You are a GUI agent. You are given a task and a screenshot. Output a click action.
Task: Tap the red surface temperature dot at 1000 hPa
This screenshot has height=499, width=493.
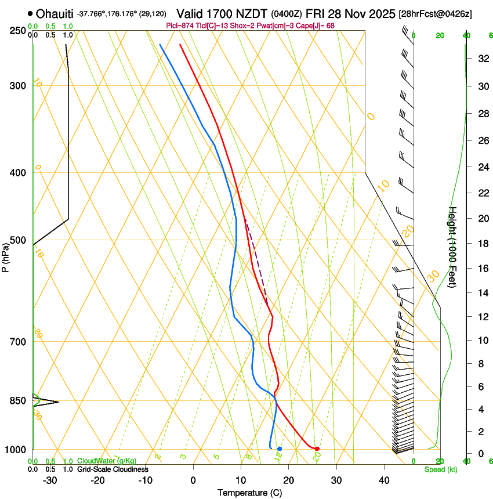(x=317, y=449)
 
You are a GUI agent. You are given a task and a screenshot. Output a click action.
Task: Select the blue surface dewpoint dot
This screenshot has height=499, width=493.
(x=280, y=449)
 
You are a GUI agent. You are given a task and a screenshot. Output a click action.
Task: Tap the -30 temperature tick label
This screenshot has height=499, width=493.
(x=50, y=480)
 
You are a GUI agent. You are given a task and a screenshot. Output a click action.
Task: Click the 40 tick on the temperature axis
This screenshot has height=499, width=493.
(x=384, y=480)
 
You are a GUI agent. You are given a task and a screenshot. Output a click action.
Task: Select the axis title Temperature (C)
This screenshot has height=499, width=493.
(x=249, y=493)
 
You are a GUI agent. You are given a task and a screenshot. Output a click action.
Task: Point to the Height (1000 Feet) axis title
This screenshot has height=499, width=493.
(x=453, y=253)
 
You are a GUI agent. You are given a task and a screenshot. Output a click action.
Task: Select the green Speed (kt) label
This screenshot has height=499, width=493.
(x=441, y=469)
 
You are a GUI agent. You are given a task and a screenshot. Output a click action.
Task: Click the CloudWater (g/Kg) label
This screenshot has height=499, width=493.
(x=107, y=461)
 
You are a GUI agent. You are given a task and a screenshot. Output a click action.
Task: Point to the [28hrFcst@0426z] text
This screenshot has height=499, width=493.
(x=435, y=13)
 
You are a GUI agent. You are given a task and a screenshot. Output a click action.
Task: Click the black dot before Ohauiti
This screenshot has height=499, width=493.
(x=30, y=13)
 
